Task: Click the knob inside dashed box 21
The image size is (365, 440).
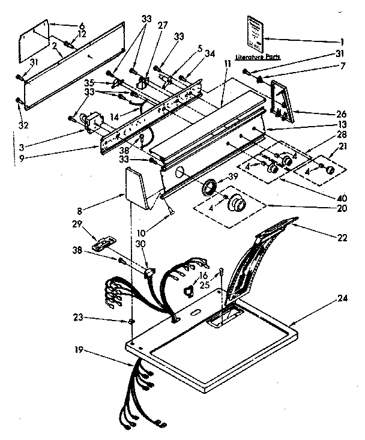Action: [329, 171]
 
